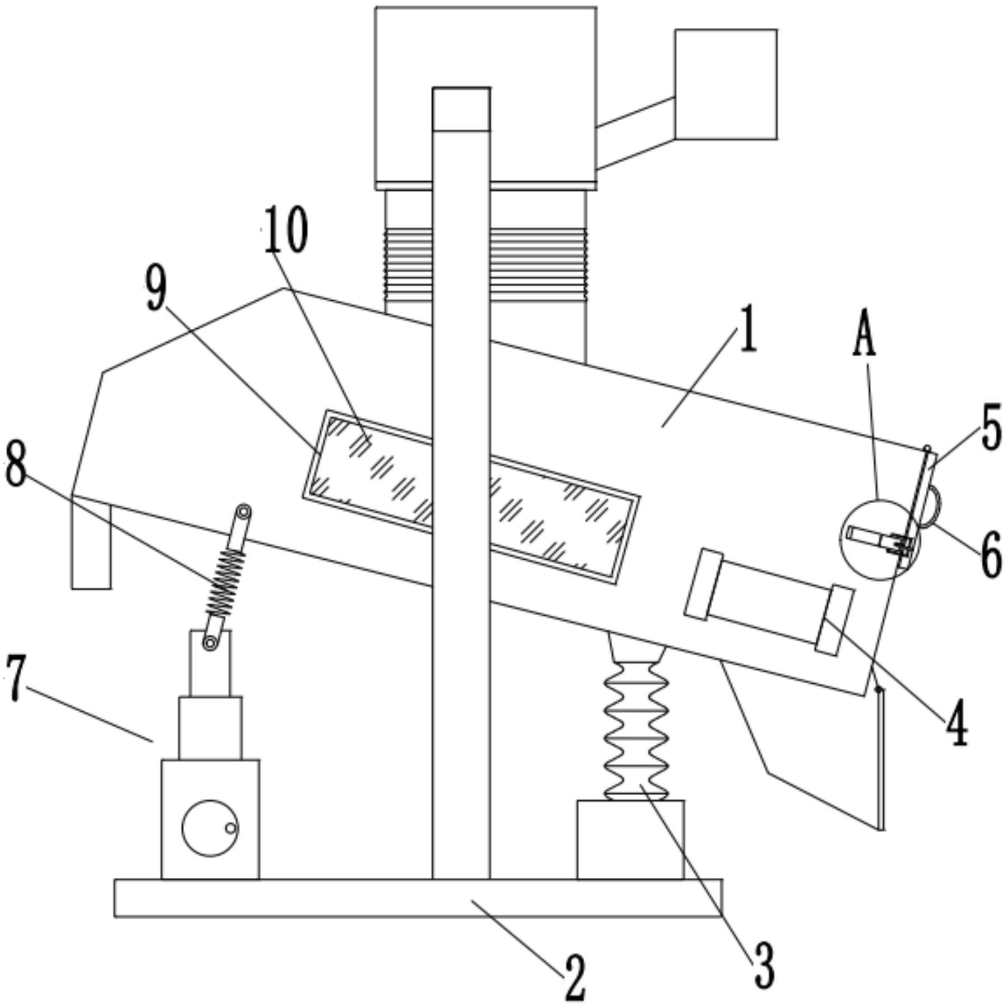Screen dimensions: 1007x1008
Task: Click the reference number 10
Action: [x=286, y=231]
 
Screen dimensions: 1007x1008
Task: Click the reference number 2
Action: [x=574, y=978]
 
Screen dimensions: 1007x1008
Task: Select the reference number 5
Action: [x=992, y=429]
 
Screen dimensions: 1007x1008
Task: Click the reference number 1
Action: [x=748, y=332]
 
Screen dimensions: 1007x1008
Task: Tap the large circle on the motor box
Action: [x=210, y=828]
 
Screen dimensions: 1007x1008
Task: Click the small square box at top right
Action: [x=726, y=84]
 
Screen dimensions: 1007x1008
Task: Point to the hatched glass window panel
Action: [x=470, y=498]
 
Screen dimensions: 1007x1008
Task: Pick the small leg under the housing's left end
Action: [x=91, y=545]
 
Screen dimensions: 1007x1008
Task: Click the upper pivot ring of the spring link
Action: [x=244, y=512]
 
